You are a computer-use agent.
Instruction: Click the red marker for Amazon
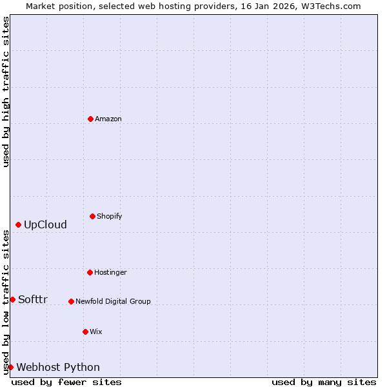coord(90,119)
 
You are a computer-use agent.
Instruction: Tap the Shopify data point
coord(92,216)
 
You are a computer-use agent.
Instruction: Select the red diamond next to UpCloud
coord(18,224)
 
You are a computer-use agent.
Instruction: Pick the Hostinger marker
coord(90,272)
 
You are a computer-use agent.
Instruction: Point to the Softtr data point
coord(12,299)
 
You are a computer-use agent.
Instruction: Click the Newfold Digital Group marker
coord(71,301)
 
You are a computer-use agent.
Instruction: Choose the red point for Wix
coord(85,332)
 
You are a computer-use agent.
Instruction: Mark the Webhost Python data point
coord(10,367)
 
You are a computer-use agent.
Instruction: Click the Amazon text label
coord(108,119)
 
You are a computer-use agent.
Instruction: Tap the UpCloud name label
coord(45,224)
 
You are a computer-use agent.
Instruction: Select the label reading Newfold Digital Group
coord(113,301)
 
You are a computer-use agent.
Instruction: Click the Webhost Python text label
coord(58,367)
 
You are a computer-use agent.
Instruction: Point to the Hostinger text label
coord(110,272)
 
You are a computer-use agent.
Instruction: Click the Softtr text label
coord(33,299)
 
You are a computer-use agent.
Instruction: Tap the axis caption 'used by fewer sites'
coord(66,382)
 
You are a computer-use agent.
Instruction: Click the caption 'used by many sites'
coord(324,382)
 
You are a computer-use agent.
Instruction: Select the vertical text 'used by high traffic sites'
coord(6,92)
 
